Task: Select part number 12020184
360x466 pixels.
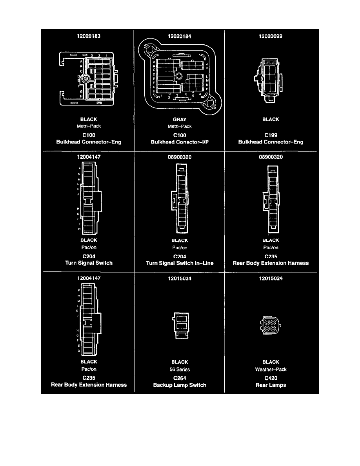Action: [x=179, y=36]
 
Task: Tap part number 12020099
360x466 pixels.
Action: [x=271, y=36]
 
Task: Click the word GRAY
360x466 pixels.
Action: [x=179, y=119]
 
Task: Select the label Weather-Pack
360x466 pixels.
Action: [x=271, y=370]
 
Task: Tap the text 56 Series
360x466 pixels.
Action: [x=180, y=370]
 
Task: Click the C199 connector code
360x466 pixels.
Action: [x=271, y=135]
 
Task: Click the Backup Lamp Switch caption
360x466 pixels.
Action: [x=180, y=385]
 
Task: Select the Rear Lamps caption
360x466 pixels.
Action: [x=271, y=385]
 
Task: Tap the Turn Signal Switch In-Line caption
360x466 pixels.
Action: [x=180, y=263]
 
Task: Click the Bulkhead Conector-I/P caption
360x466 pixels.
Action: [x=179, y=142]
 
